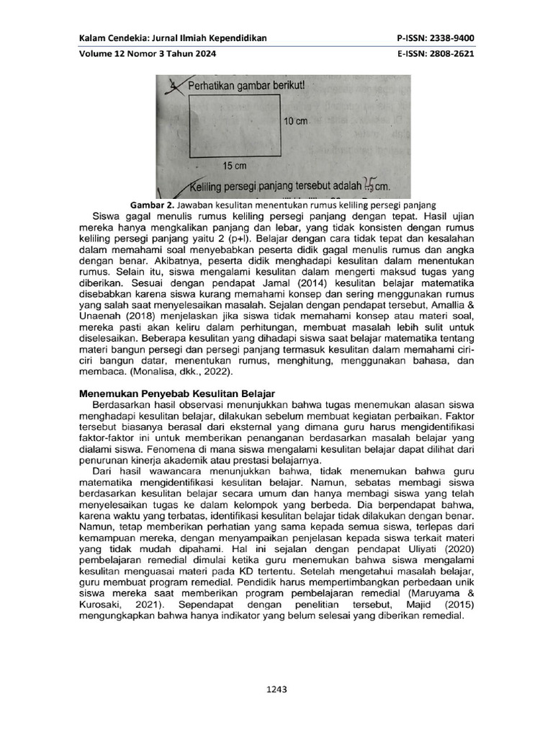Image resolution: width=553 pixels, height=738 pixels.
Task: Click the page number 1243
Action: tap(276, 690)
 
